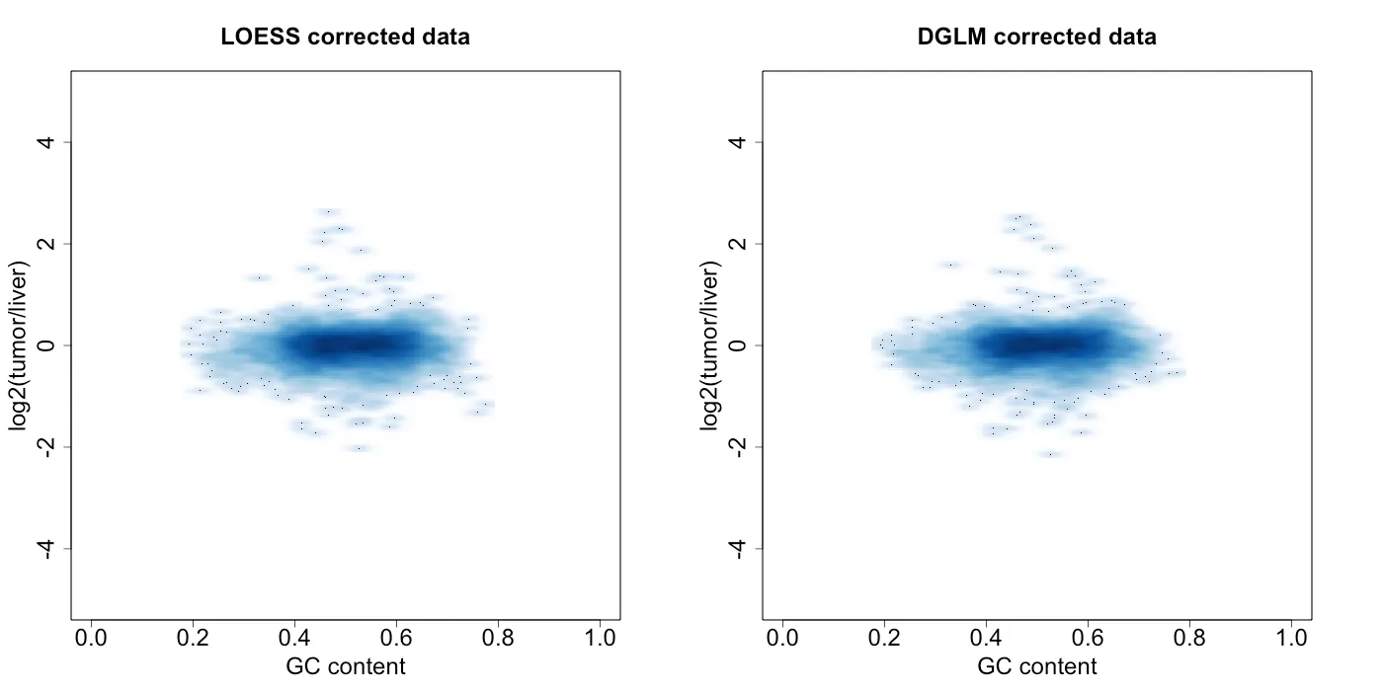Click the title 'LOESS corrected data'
pyautogui.click(x=345, y=38)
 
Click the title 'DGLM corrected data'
pyautogui.click(x=1036, y=38)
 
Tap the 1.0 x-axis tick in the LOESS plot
pyautogui.click(x=601, y=639)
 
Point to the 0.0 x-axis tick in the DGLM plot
pyautogui.click(x=782, y=639)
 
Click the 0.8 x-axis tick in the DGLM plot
pyautogui.click(x=1189, y=639)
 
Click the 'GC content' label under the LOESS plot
pyautogui.click(x=345, y=666)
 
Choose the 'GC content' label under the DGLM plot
pyautogui.click(x=1036, y=666)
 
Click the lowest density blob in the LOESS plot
pyautogui.click(x=360, y=448)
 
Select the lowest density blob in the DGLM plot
pyautogui.click(x=1051, y=454)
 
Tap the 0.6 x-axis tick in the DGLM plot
pyautogui.click(x=1088, y=639)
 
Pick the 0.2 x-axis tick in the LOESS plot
pyautogui.click(x=193, y=639)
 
